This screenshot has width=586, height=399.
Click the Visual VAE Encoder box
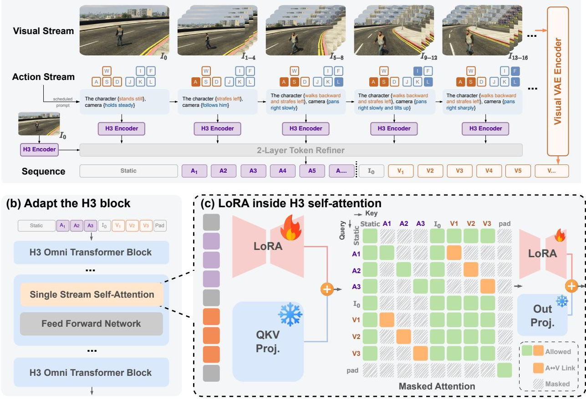pyautogui.click(x=558, y=81)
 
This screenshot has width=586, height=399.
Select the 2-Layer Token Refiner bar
pyautogui.click(x=301, y=150)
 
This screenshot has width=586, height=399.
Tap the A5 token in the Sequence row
pyautogui.click(x=312, y=171)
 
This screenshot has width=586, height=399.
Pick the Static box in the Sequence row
pyautogui.click(x=128, y=171)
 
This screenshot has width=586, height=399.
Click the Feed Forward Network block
pyautogui.click(x=92, y=324)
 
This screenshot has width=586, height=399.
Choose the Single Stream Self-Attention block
pyautogui.click(x=92, y=294)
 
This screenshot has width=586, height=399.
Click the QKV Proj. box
pyautogui.click(x=268, y=341)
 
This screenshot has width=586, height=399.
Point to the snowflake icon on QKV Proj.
pyautogui.click(x=290, y=314)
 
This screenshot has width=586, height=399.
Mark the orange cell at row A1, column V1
pyautogui.click(x=454, y=253)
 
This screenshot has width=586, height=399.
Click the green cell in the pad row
pyautogui.click(x=504, y=370)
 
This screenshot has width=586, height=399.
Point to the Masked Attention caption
pyautogui.click(x=437, y=386)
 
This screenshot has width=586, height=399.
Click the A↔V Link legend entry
pyautogui.click(x=554, y=368)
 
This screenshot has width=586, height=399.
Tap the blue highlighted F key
pyautogui.click(x=515, y=71)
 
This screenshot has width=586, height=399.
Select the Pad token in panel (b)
pyautogui.click(x=159, y=225)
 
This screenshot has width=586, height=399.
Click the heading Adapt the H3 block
pyautogui.click(x=68, y=204)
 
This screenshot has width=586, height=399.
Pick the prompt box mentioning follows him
pyautogui.click(x=217, y=102)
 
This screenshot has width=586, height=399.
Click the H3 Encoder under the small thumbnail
pyautogui.click(x=39, y=150)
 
